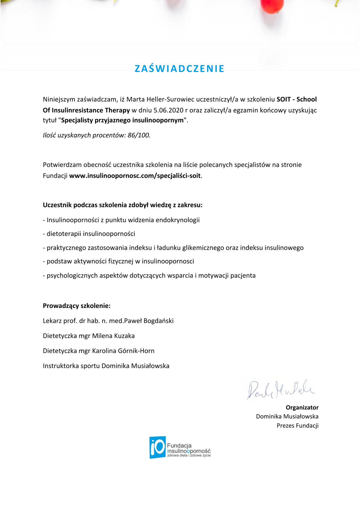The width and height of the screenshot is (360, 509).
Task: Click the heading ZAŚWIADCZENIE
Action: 179,69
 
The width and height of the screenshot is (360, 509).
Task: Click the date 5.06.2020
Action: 166,110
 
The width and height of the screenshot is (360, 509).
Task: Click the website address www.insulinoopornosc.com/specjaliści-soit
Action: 135,176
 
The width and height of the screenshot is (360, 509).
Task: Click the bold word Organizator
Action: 302,407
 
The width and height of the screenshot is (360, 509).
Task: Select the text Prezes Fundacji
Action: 297,425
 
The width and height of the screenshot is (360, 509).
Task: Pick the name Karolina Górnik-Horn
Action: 123,351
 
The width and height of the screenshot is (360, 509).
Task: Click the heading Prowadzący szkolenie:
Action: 76,306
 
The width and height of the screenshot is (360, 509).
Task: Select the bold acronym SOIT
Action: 283,99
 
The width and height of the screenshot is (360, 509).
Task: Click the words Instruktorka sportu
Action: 71,366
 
